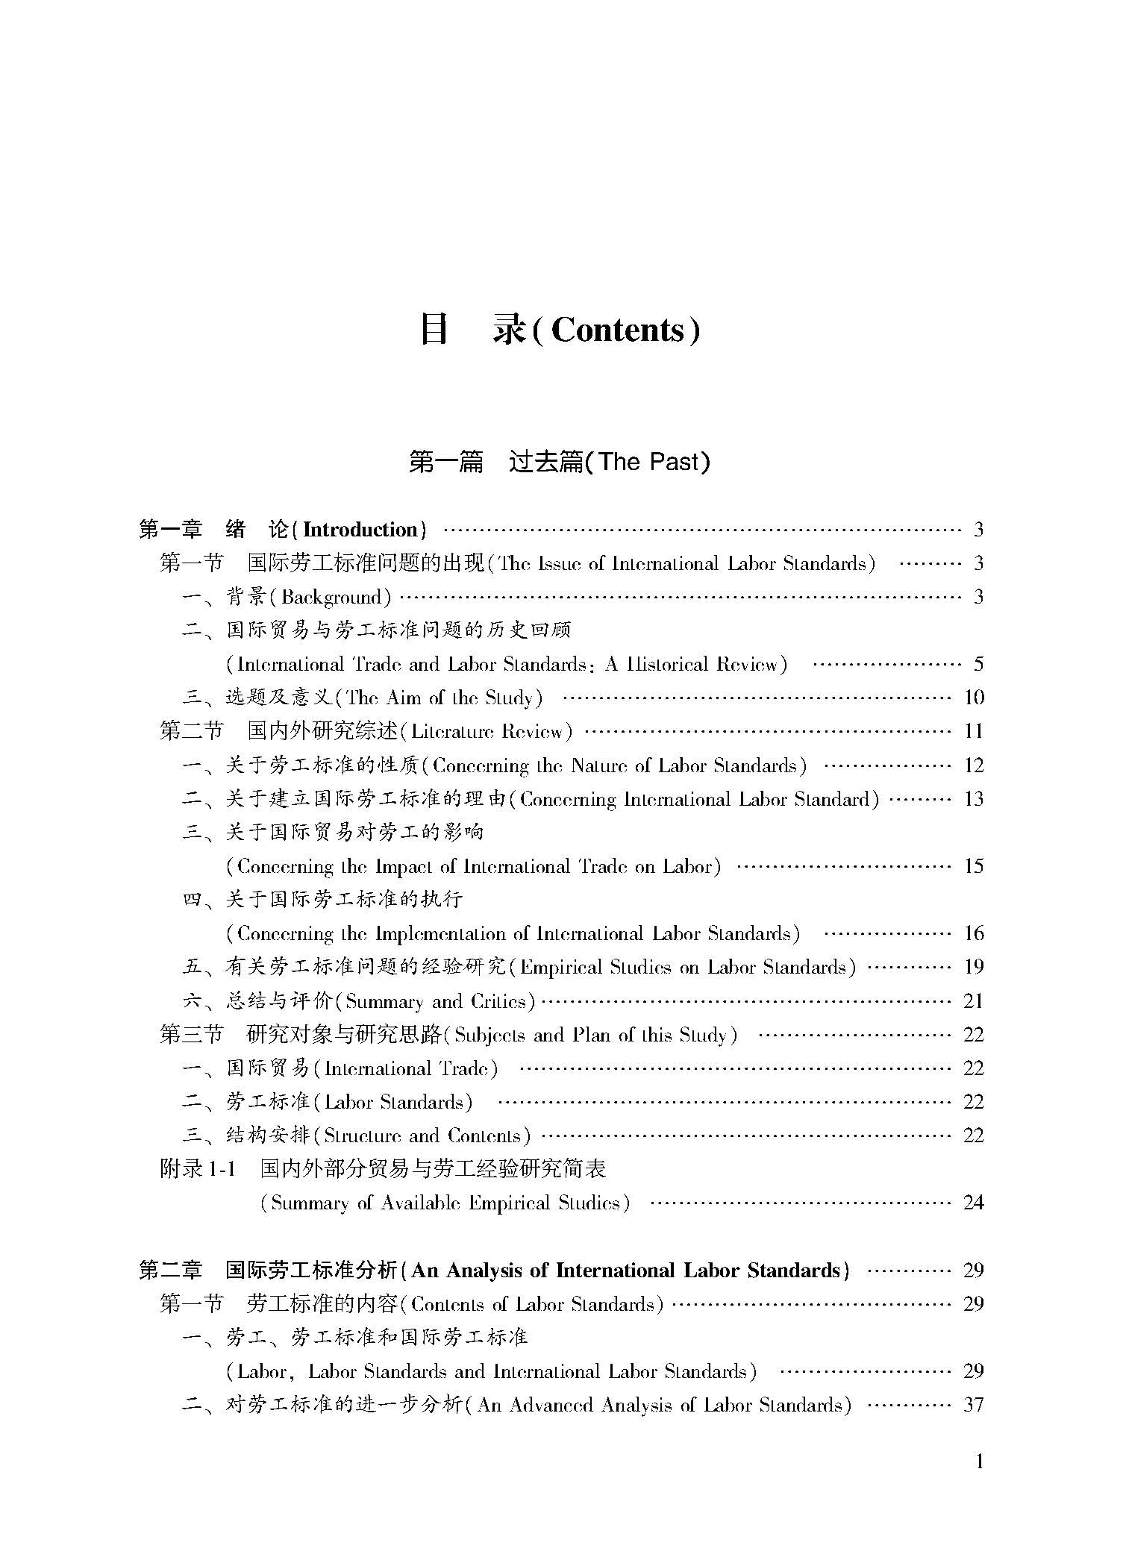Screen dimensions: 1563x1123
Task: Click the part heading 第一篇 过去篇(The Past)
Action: click(559, 462)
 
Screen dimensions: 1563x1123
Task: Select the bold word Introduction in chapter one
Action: click(361, 530)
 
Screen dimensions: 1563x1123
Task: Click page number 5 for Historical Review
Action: click(978, 664)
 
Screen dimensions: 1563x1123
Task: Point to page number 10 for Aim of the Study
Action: click(974, 698)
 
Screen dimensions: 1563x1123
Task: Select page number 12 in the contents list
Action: click(974, 765)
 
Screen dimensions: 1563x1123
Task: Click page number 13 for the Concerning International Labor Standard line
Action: click(974, 799)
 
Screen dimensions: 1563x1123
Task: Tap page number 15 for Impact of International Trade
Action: click(974, 866)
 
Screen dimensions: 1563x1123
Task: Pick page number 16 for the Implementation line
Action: click(974, 933)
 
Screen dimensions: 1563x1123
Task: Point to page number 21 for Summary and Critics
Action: click(974, 1001)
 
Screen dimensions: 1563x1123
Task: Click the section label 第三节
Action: click(191, 1035)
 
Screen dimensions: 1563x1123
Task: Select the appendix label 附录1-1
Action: click(198, 1169)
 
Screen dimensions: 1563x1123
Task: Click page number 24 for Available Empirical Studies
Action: click(974, 1203)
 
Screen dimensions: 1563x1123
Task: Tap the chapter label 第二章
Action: click(170, 1271)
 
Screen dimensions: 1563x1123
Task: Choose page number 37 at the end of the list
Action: click(974, 1406)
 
